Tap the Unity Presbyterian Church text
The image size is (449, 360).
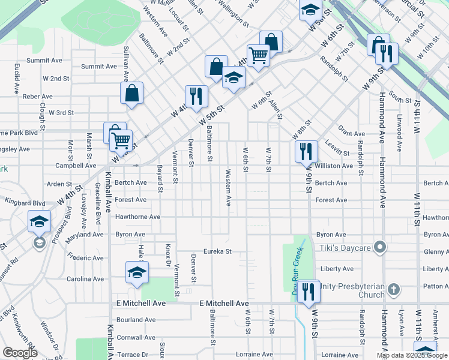(x=351, y=290)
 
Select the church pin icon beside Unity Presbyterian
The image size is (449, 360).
(x=393, y=290)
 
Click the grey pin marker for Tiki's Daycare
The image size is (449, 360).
(x=379, y=247)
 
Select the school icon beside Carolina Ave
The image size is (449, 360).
(x=137, y=272)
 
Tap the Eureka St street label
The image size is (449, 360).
(x=217, y=251)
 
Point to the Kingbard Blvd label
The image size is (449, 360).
(x=26, y=203)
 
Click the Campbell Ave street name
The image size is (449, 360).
(x=76, y=165)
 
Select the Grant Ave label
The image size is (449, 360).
(x=351, y=134)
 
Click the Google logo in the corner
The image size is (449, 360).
(x=20, y=352)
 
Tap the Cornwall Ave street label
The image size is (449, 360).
(x=136, y=337)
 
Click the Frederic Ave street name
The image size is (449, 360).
(x=85, y=258)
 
